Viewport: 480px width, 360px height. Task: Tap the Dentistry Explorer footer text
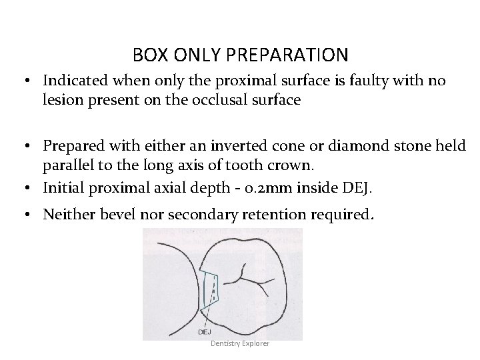click(240, 343)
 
